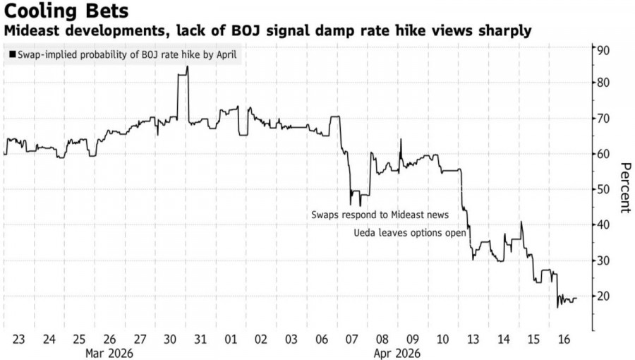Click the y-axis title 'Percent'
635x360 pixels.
coord(624,187)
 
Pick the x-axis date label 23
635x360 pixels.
coord(18,340)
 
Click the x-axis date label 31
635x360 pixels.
coord(201,340)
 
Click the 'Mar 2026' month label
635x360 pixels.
coord(108,352)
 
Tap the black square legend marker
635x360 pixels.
coord(12,54)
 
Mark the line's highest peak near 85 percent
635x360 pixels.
coord(187,67)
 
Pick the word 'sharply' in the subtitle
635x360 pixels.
coord(504,32)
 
